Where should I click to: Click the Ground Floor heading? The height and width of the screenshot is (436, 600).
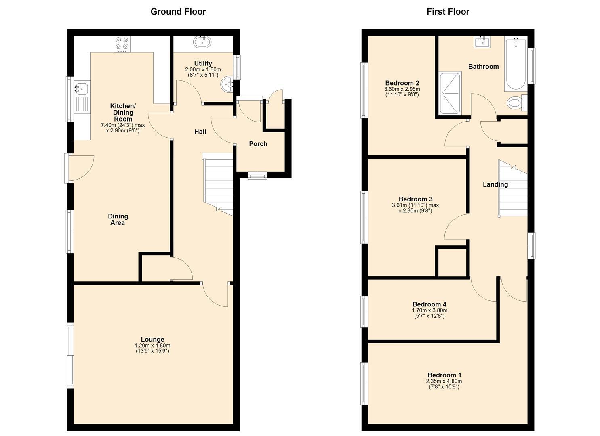(178, 12)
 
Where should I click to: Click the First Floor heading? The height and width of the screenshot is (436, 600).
(448, 12)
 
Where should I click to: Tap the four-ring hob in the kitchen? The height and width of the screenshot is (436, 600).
(122, 44)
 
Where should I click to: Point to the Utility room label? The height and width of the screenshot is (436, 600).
(203, 63)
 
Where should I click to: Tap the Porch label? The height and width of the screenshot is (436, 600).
(258, 144)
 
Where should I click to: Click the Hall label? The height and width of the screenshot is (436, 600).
(200, 132)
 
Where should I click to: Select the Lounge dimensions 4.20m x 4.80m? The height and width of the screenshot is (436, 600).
(152, 345)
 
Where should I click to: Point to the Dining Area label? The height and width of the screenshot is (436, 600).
(118, 220)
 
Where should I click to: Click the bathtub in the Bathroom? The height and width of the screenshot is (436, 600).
(516, 64)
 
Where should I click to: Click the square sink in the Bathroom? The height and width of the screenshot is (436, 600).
(482, 42)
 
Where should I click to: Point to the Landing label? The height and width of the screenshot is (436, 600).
(495, 184)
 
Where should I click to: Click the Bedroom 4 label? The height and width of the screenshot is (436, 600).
(429, 304)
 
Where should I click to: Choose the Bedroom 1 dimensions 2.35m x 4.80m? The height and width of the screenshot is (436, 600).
(444, 381)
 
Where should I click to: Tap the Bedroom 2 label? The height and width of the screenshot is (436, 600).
(402, 83)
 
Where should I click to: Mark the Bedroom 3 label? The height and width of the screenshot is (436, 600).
(415, 199)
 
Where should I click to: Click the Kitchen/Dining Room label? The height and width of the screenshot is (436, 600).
(123, 112)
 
